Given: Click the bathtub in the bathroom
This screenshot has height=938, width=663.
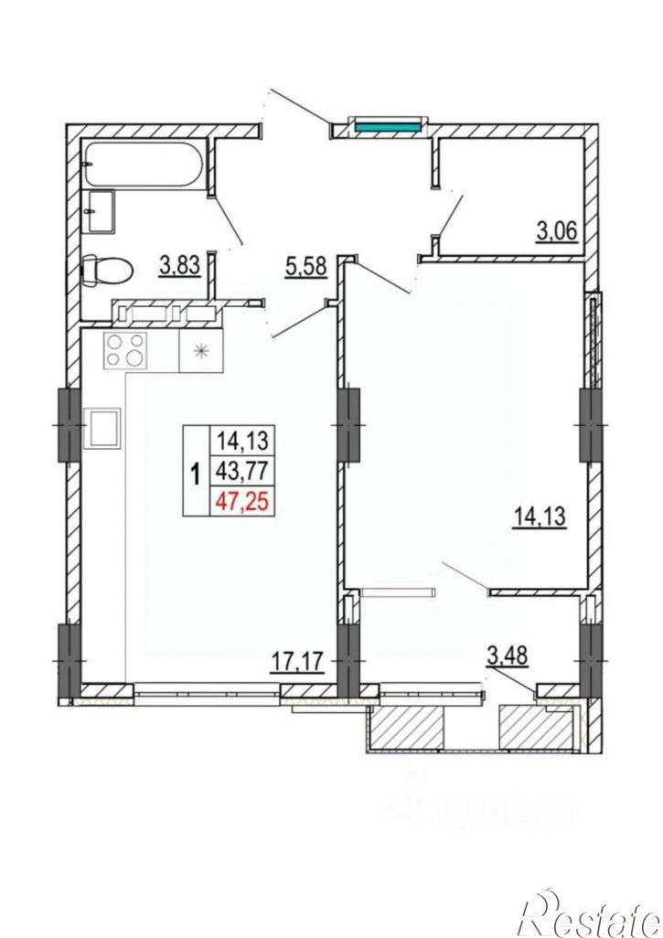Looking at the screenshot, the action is tap(144, 164).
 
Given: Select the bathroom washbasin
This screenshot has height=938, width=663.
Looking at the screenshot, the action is tap(102, 210).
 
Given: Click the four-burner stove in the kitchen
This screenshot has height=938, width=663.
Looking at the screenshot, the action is tap(125, 350).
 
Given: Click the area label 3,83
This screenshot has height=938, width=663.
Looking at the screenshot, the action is tap(179, 265).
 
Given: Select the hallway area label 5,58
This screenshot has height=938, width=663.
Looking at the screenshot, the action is tap(306, 267).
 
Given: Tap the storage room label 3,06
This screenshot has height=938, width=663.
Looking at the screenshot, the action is tap(557, 231).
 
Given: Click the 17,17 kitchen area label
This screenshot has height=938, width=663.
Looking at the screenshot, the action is tap(297, 662).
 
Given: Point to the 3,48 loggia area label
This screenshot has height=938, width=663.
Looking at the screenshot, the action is tap(508, 656).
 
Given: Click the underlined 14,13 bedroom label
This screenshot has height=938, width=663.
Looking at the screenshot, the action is tap(539, 516).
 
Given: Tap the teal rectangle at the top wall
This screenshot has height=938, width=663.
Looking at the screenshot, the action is tap(386, 125).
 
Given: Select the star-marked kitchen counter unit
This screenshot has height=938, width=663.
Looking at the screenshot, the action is tap(201, 350).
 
